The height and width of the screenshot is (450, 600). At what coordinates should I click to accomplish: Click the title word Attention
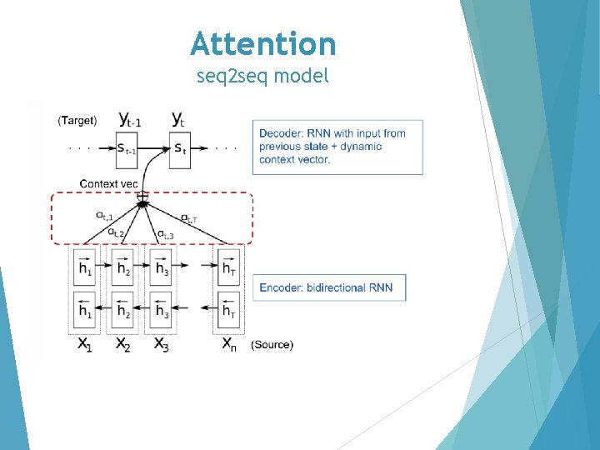click(262, 43)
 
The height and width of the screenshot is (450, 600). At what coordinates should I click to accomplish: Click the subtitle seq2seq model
click(262, 77)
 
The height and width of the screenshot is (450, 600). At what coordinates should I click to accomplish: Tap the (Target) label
click(77, 121)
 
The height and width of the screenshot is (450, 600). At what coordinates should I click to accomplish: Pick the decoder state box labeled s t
click(180, 149)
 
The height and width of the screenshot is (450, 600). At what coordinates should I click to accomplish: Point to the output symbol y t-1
click(130, 120)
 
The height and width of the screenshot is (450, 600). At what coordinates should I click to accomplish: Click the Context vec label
click(108, 183)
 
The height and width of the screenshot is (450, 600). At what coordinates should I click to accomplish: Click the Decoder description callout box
click(337, 147)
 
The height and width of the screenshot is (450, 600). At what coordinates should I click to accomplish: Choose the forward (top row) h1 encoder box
click(86, 267)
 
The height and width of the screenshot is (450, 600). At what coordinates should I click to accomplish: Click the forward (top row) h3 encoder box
click(161, 267)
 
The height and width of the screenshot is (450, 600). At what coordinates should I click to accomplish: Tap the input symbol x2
click(123, 344)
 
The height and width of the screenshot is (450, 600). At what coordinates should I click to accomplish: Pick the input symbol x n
click(227, 344)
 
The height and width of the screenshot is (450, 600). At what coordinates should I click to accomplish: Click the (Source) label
click(272, 345)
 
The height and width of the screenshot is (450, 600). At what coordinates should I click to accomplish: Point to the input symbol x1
click(84, 344)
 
